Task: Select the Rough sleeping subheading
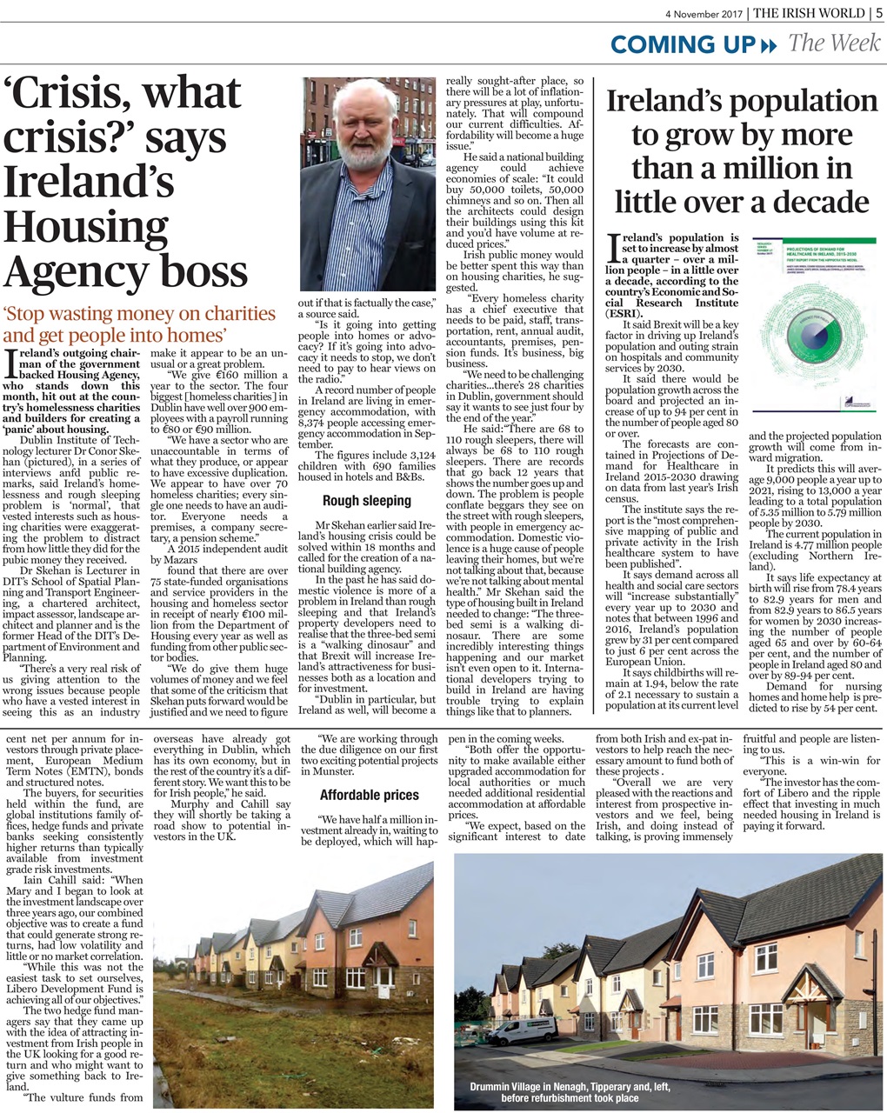pyautogui.click(x=366, y=501)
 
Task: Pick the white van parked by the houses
pyautogui.click(x=522, y=1030)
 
